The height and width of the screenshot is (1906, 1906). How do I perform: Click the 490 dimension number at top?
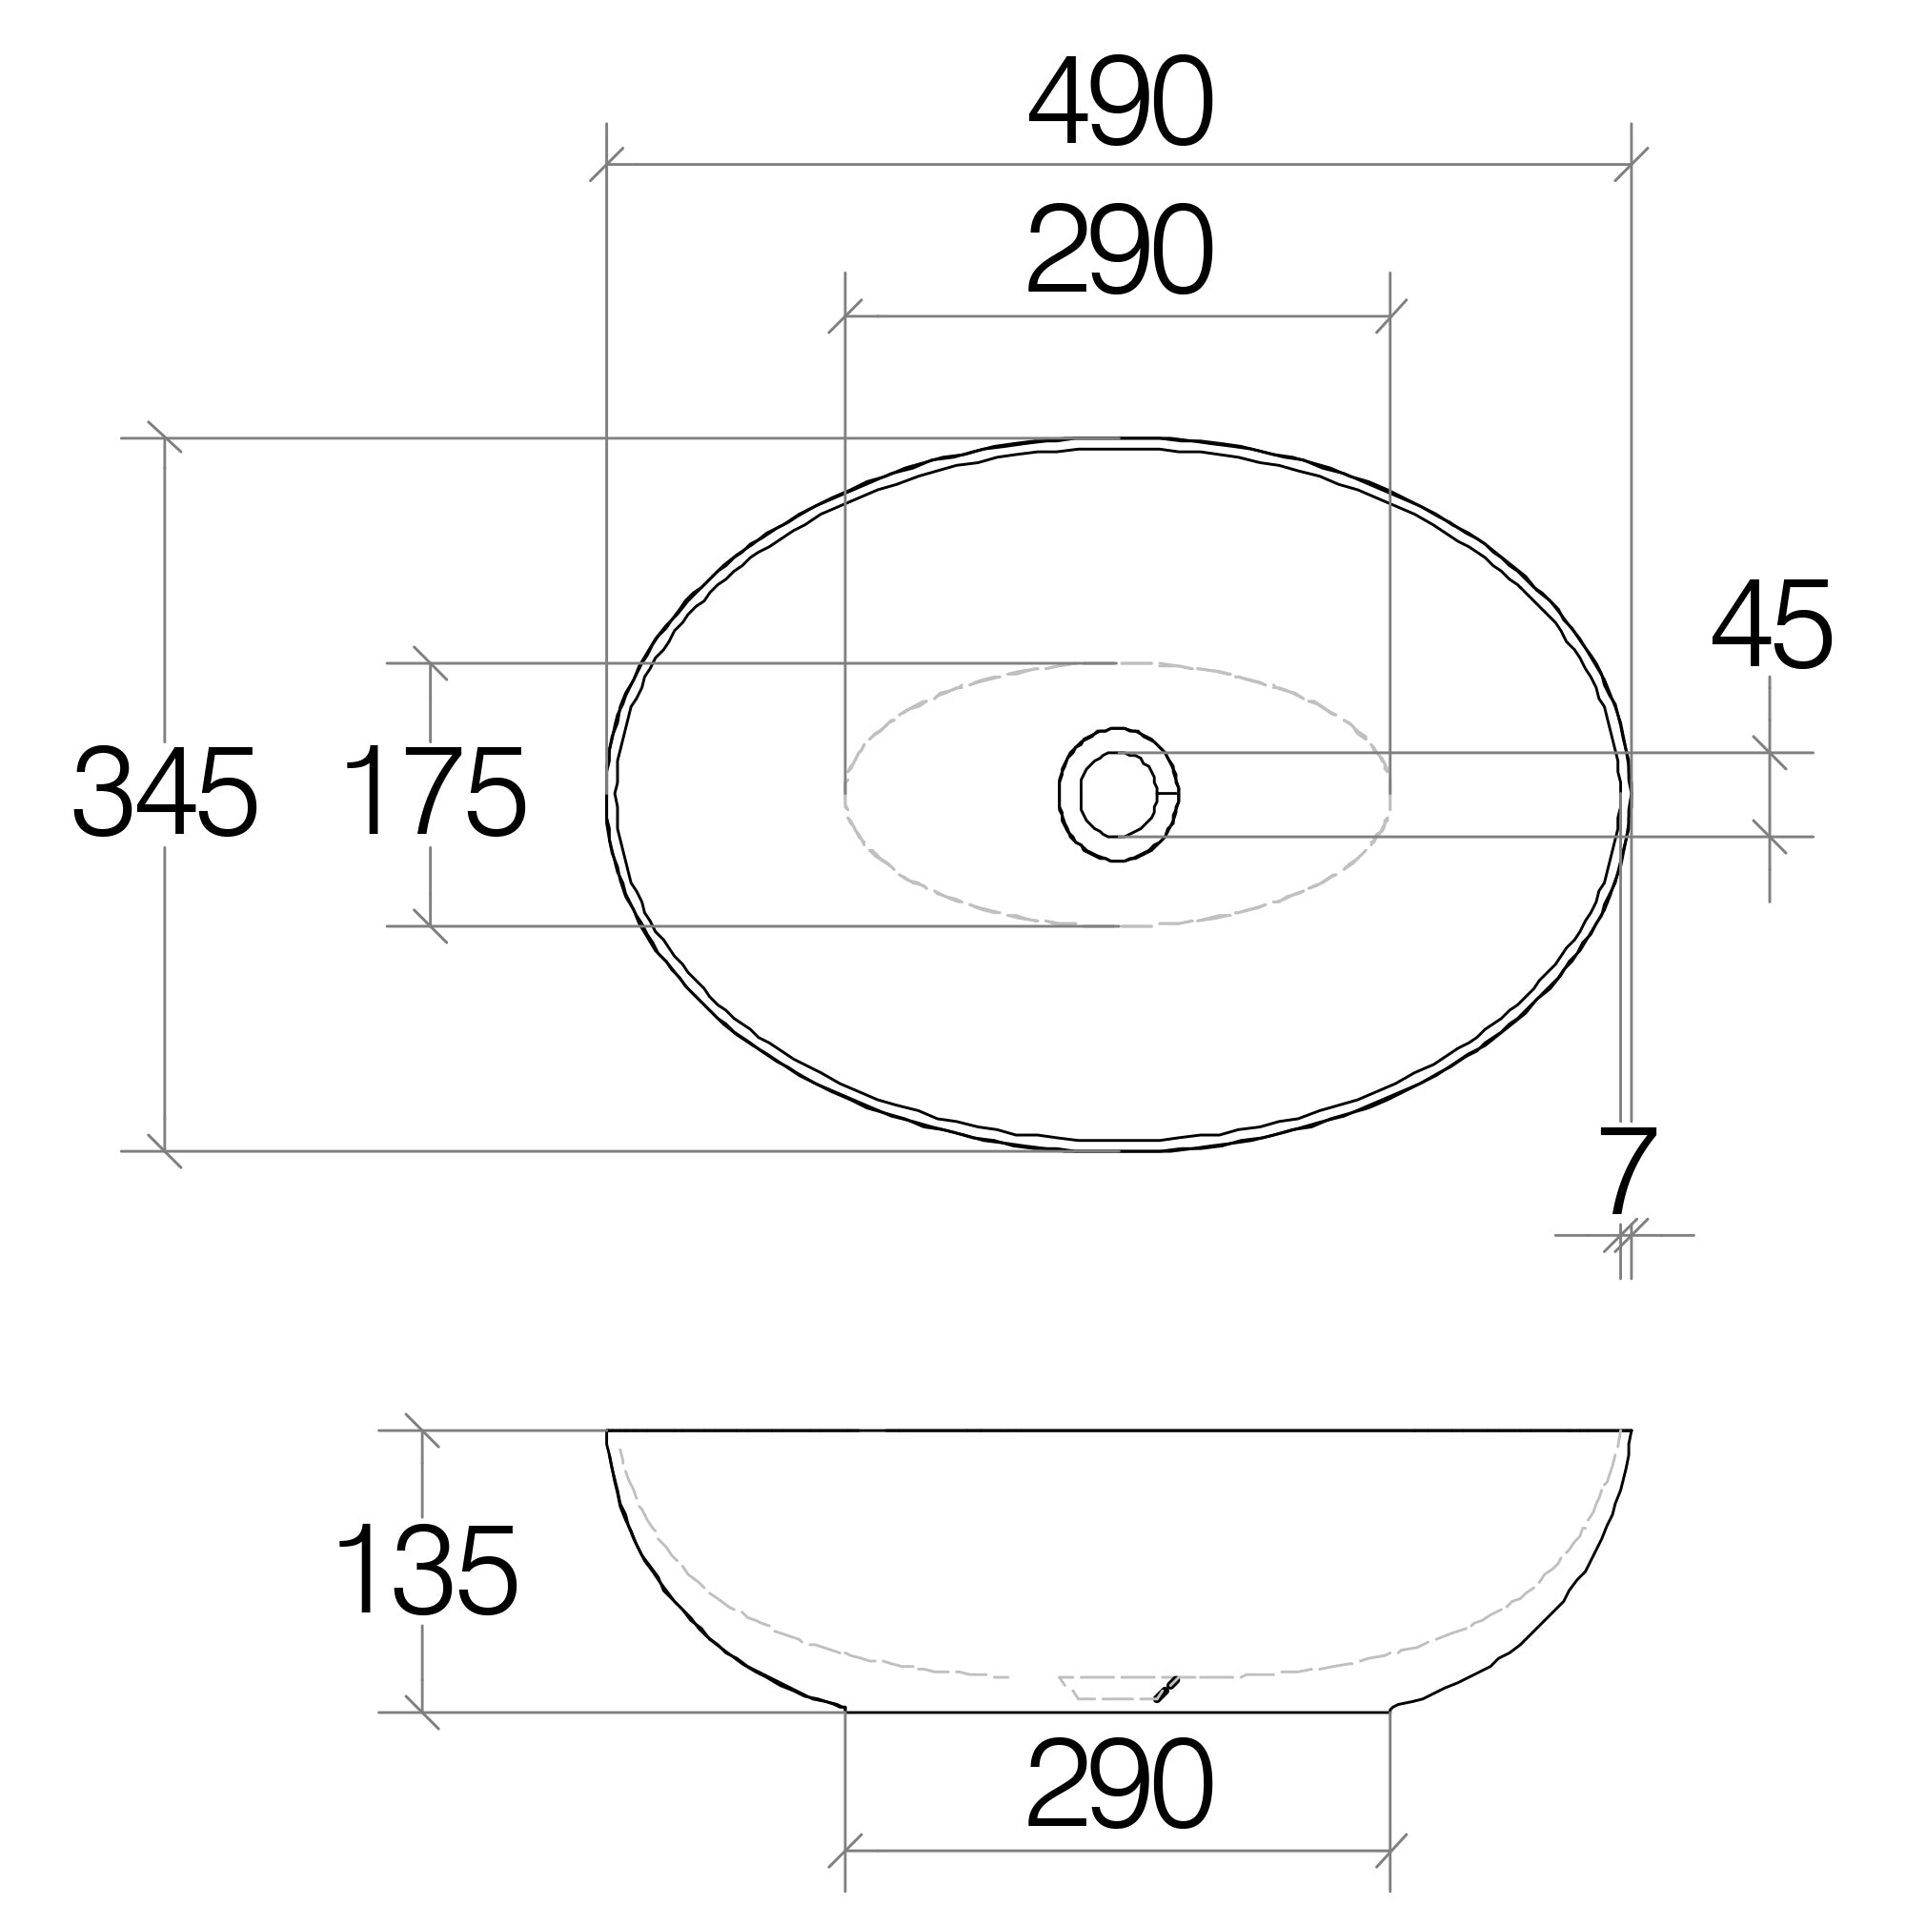pos(1119,102)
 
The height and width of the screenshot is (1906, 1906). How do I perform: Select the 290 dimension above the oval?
pos(1119,251)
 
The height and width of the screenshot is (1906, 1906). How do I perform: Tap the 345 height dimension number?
pos(165,793)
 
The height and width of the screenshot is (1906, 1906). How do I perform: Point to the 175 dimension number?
pos(434,793)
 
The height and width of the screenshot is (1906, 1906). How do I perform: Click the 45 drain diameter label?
pos(1772,625)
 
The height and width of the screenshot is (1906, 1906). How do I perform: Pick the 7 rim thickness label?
pos(1627,1174)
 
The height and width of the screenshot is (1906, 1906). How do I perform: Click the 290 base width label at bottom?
pos(1119,1786)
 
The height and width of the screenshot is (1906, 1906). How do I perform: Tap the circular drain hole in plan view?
pos(1118,794)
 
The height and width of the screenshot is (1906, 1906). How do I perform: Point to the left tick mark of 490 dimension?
pos(607,164)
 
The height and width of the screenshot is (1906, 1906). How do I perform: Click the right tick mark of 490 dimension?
pos(1632,164)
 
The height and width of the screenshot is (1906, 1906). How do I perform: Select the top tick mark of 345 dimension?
pos(165,437)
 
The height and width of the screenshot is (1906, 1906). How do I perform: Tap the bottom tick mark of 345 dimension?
pos(165,1151)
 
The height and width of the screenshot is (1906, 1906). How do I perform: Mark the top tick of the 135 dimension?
pos(422,1429)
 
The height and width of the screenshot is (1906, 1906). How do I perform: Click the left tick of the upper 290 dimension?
pos(845,316)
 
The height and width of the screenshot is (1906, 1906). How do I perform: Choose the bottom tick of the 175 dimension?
pos(430,926)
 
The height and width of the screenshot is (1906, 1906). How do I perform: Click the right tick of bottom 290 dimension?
pos(1390,1851)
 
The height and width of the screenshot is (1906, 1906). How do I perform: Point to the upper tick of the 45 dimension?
pos(1770,753)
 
